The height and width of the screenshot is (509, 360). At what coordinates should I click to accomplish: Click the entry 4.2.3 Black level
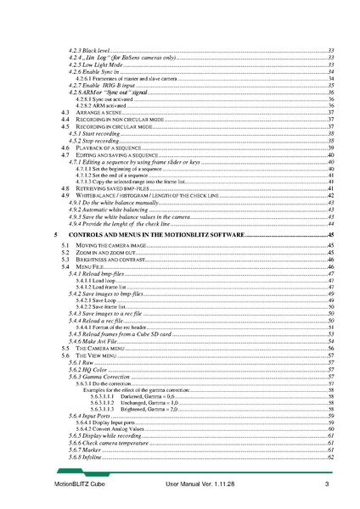point(88,52)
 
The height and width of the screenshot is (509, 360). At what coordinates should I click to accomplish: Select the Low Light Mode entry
point(94,65)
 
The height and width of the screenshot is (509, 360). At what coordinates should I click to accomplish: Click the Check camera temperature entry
point(105,443)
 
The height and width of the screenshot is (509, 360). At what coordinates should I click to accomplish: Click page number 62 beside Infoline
point(330,457)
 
